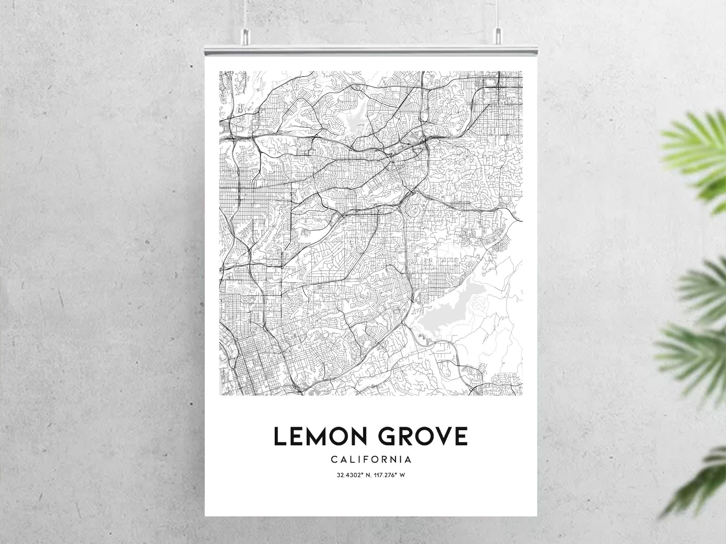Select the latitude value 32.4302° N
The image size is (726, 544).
tap(353, 475)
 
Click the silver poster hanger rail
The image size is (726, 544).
tap(370, 49)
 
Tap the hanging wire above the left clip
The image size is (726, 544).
tap(246, 14)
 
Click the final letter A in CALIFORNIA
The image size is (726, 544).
tap(408, 459)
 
